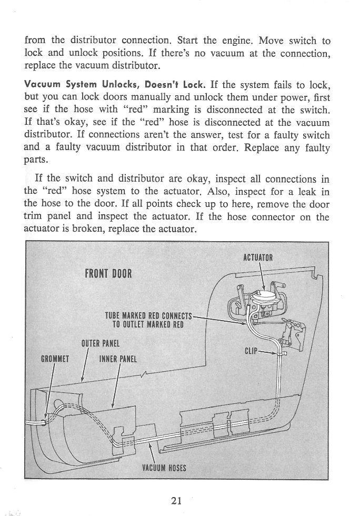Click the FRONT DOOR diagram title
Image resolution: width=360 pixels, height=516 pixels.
(x=108, y=274)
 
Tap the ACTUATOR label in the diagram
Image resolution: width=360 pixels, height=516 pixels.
(x=258, y=258)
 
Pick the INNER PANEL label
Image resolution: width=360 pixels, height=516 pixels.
(x=118, y=360)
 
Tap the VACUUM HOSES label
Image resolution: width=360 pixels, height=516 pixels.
(x=164, y=468)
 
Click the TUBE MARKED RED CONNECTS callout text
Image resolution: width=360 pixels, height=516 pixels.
(x=149, y=316)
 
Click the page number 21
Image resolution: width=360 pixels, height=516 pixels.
(x=177, y=501)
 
